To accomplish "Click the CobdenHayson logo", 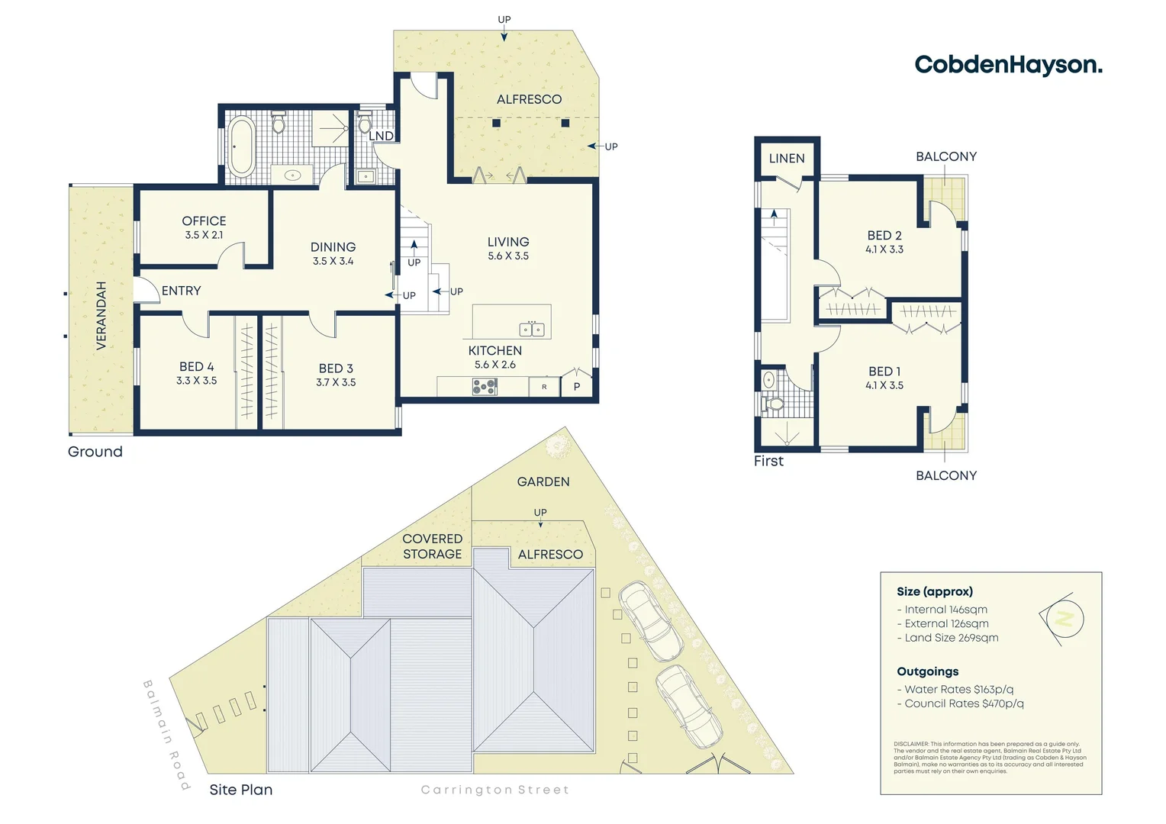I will click(1008, 65).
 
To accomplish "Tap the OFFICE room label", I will click(204, 220).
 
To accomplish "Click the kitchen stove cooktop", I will click(485, 388).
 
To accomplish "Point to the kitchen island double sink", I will click(532, 330).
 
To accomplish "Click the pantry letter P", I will click(577, 387).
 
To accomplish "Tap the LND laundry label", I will click(382, 136).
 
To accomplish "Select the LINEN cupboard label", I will click(787, 159).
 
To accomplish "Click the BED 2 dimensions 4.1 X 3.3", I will click(884, 249).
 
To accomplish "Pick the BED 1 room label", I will click(884, 372).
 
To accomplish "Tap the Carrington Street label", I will click(495, 790).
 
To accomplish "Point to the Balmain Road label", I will click(166, 734).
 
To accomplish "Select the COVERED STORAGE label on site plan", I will click(433, 546).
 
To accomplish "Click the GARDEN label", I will click(543, 481).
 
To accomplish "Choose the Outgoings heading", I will click(928, 671).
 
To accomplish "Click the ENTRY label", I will click(182, 291).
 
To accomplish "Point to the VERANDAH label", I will click(101, 316).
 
